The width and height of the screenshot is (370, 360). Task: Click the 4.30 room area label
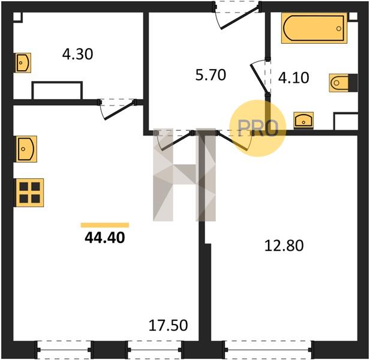tap(77, 54)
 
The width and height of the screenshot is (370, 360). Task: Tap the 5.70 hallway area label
tap(210, 75)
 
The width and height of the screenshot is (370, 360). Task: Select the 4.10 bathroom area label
tap(294, 78)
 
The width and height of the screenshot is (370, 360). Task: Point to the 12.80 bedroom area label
tap(284, 245)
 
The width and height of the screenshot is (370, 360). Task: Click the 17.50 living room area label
tap(168, 325)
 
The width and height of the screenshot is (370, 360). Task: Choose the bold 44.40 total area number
tap(105, 238)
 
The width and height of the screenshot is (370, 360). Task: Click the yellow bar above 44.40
tap(105, 225)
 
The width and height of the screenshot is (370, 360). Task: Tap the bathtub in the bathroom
tap(314, 28)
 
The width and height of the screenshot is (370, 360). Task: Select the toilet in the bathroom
tap(344, 83)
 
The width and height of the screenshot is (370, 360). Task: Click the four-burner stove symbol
tap(30, 193)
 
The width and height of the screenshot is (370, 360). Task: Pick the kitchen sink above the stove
tap(26, 149)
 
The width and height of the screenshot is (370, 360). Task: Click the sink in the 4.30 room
tap(23, 63)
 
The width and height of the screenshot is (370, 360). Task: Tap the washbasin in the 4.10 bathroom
tap(303, 121)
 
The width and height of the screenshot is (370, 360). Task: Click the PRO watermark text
tap(258, 128)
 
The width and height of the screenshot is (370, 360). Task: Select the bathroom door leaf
tap(259, 78)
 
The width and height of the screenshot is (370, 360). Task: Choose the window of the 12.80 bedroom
tap(268, 350)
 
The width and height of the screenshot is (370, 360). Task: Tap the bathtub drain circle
tap(339, 29)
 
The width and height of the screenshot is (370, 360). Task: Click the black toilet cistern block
tap(353, 83)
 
